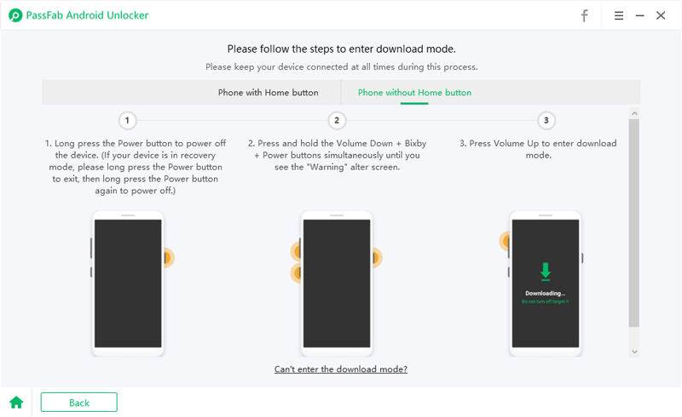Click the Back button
(78, 403)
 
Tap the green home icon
(16, 403)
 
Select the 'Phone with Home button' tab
(268, 93)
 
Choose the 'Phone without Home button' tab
(414, 93)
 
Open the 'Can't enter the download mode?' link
(340, 369)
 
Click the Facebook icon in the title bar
(585, 15)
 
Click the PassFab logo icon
(15, 15)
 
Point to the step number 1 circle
(127, 121)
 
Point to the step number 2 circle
(337, 121)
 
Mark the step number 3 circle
(546, 121)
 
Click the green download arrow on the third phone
(546, 271)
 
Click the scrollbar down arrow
(633, 351)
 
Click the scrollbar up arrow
(633, 112)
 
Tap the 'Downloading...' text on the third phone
(546, 294)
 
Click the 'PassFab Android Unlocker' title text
(84, 15)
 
